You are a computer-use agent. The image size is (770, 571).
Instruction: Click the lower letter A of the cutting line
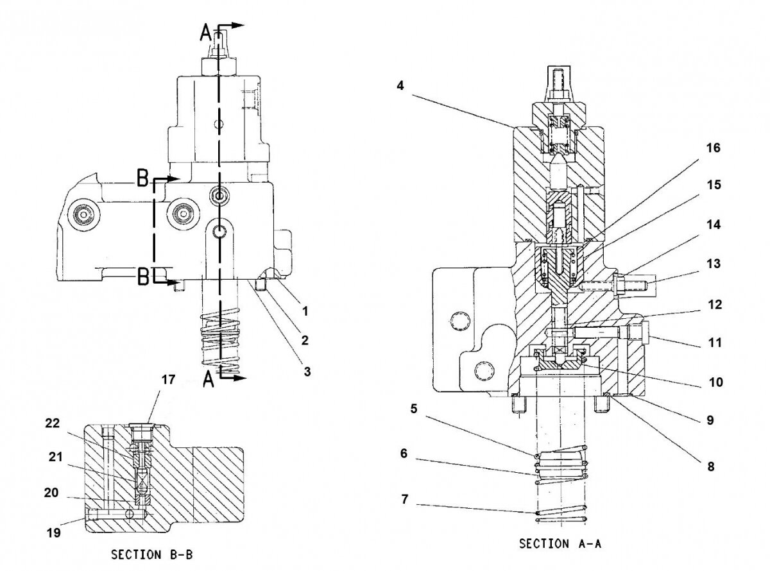[208, 380]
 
